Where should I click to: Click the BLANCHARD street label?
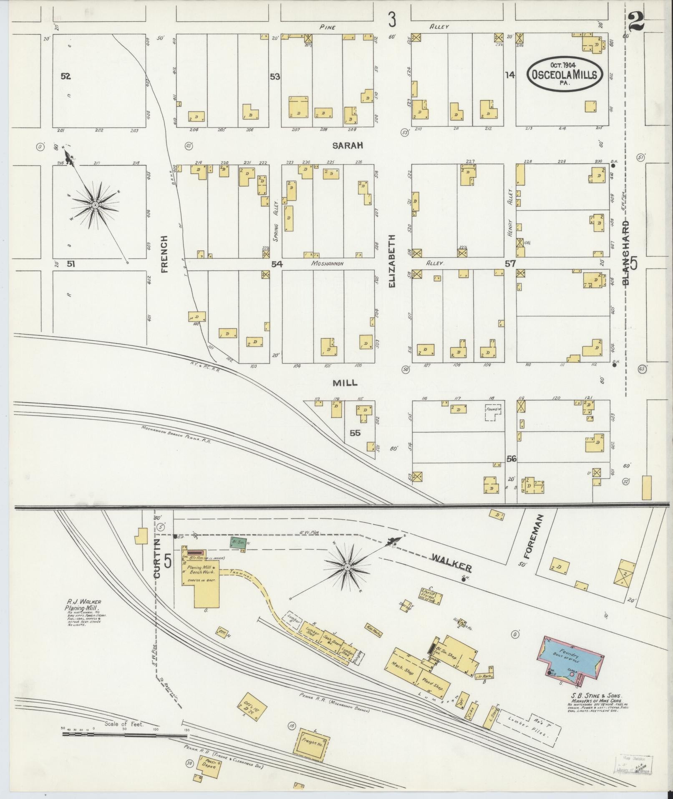[626, 253]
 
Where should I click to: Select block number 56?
[512, 459]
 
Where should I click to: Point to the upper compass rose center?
[96, 205]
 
